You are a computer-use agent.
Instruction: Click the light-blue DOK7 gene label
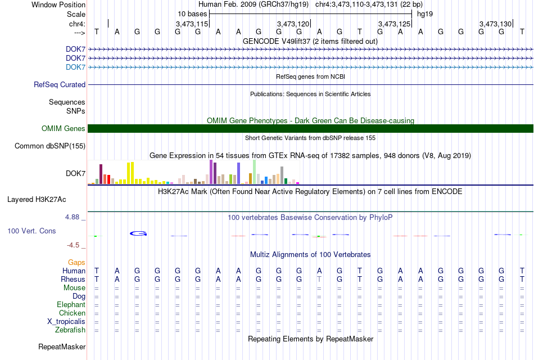[76, 67]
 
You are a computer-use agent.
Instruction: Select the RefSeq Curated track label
[60, 84]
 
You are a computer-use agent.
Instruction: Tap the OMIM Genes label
[64, 128]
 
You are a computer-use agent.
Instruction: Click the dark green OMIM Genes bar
[310, 128]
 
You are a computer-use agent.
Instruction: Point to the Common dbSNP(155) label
[50, 146]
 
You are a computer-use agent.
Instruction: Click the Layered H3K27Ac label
[37, 200]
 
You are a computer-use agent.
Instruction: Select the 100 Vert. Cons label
[31, 231]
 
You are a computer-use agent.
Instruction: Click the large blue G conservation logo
[138, 233]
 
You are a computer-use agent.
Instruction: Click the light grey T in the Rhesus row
[319, 279]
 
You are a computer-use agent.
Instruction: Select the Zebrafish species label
[70, 330]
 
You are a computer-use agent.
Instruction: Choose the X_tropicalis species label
[66, 322]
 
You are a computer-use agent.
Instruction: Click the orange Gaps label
[76, 262]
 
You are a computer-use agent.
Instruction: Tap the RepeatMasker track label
[62, 346]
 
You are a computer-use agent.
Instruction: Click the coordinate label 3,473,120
[293, 24]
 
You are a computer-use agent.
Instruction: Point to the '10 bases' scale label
[192, 14]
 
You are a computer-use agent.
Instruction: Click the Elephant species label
[71, 304]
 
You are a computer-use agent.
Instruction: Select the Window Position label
[58, 4]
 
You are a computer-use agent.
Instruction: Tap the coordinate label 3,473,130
[496, 24]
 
